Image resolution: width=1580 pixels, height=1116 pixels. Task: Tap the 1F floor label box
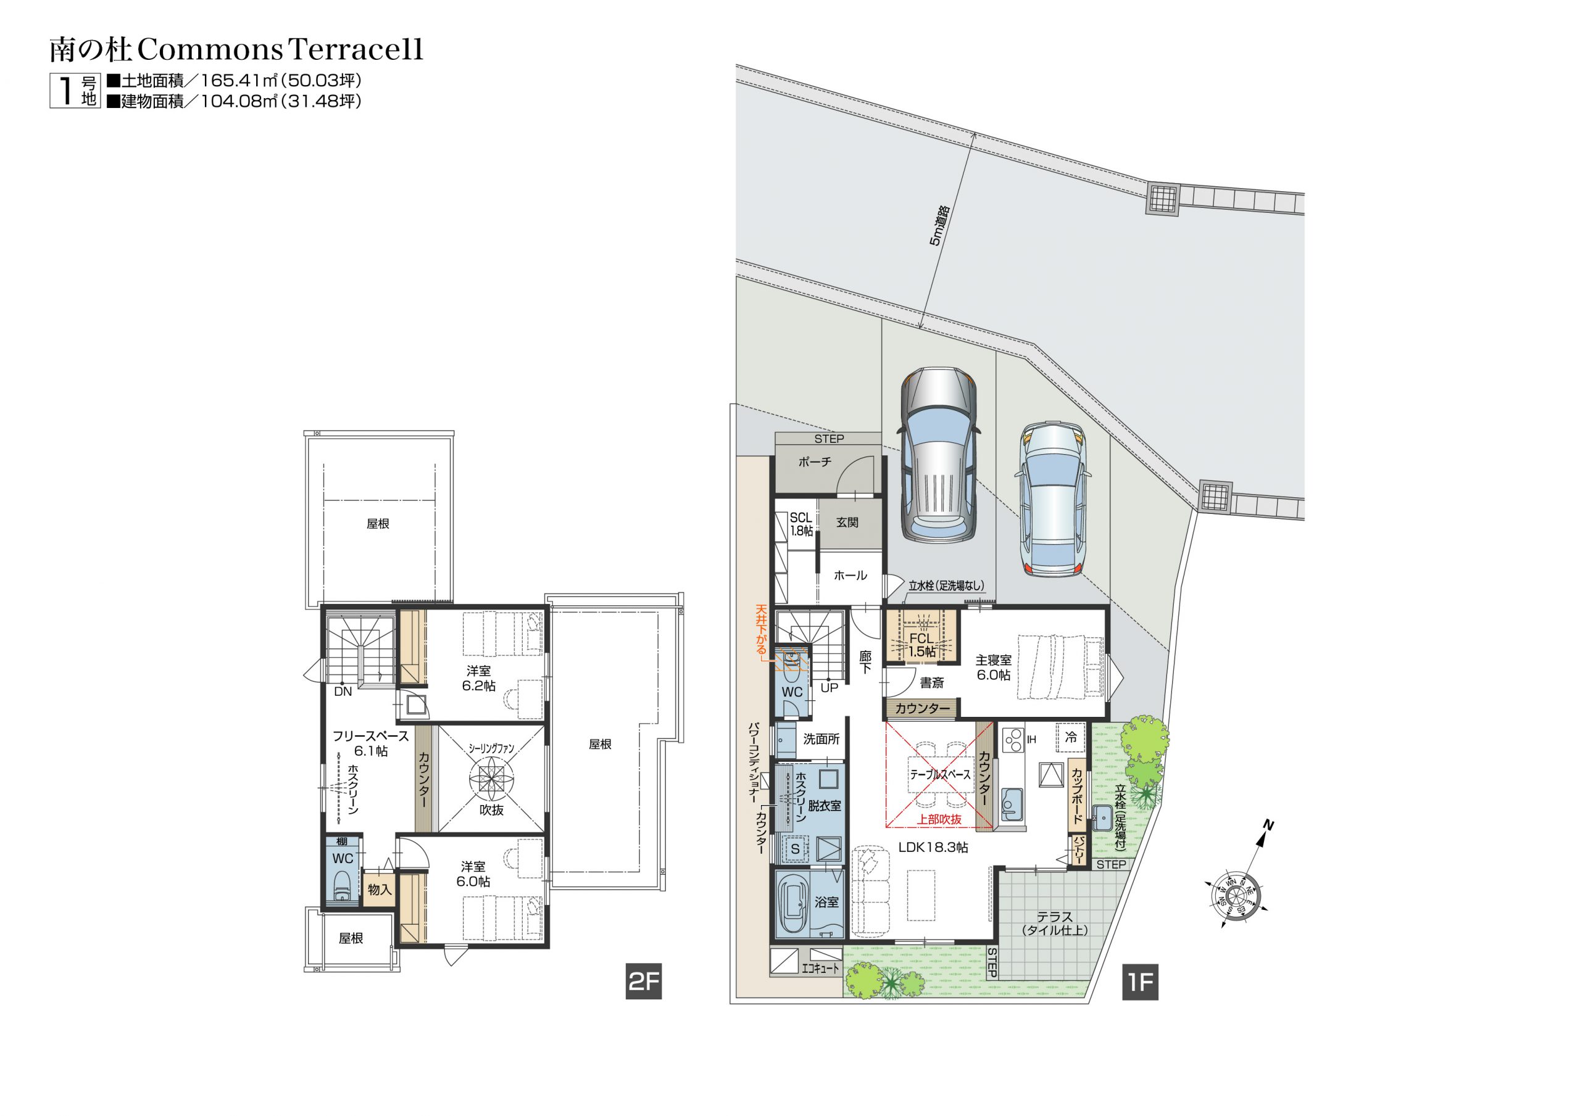coord(1141,982)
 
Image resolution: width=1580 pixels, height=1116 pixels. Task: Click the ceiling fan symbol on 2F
coord(491,780)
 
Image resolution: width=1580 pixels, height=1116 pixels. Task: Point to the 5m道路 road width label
coord(939,225)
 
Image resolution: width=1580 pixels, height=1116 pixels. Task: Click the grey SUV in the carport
coord(938,455)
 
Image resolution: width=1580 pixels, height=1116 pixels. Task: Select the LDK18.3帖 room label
coord(933,848)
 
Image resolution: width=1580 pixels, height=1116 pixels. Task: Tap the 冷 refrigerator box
coord(1071,737)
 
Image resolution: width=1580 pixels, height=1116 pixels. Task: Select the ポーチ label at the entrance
coord(815,462)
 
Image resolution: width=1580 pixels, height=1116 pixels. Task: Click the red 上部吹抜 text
coord(939,820)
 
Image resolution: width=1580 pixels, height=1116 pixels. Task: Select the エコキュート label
coord(821,968)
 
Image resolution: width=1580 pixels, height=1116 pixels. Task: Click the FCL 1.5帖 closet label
coord(922,645)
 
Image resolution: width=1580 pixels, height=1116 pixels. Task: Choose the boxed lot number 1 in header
coord(66,90)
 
